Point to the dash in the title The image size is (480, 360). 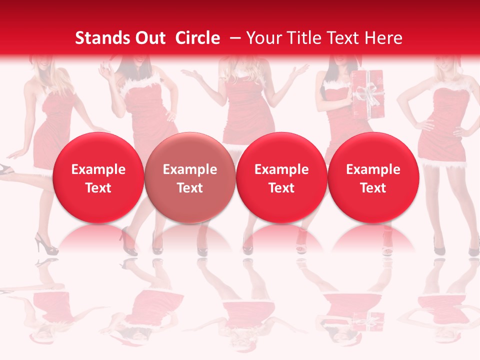tap(233, 38)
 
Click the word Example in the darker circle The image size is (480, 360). tap(190, 169)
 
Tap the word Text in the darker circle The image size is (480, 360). tap(190, 188)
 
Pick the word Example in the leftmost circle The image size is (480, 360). tap(98, 169)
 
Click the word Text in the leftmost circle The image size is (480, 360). tap(98, 188)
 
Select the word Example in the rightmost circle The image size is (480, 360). tap(373, 169)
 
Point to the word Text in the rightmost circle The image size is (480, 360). tap(373, 188)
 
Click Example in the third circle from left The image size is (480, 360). tap(281, 169)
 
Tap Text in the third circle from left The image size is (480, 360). tap(281, 188)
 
